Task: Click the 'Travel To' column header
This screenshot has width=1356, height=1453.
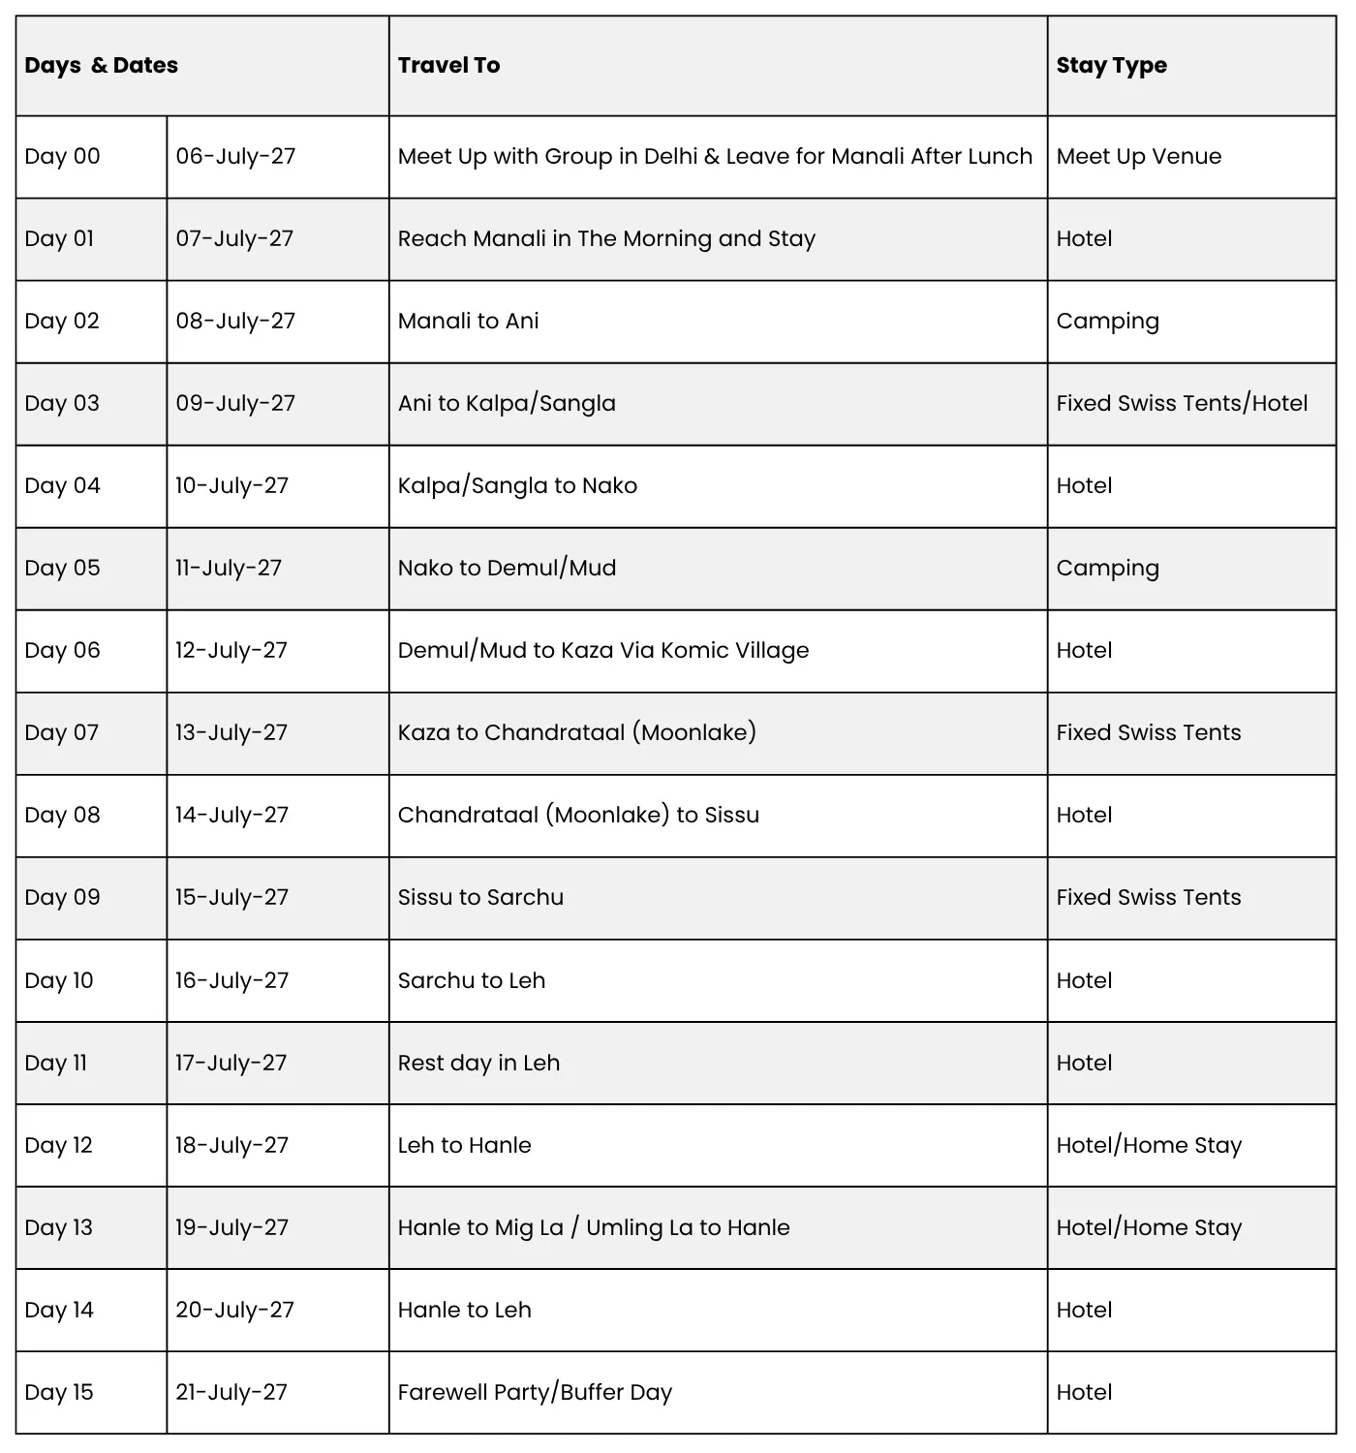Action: coord(448,65)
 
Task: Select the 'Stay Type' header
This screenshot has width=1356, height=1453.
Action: coord(1111,65)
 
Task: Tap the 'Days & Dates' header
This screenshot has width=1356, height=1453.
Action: coord(101,65)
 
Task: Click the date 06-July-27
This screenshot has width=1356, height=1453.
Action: coord(235,156)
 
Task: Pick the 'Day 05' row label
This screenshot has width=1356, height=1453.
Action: coord(62,568)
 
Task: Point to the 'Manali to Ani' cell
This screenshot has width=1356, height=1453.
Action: coord(468,321)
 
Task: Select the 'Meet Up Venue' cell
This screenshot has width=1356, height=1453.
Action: coord(1138,156)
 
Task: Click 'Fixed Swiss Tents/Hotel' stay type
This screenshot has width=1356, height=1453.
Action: coord(1182,403)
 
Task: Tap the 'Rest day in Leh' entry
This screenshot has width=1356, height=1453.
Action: coord(478,1063)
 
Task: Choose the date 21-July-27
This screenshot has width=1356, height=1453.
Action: coord(231,1392)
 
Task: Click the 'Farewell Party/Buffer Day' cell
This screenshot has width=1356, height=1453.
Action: coord(535,1392)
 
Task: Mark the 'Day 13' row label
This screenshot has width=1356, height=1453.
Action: coord(58,1227)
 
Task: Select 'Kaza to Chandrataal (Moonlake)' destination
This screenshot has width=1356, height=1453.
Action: coord(576,732)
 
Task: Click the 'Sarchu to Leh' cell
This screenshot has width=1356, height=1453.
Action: coord(471,980)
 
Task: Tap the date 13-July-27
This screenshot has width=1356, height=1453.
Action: coord(231,732)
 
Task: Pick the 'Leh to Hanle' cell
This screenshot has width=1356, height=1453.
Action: coord(464,1145)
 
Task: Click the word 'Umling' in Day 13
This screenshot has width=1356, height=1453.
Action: coord(620,1227)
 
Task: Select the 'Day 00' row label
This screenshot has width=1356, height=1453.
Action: coord(62,156)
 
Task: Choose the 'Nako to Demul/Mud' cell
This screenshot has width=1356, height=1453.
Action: coord(507,568)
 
